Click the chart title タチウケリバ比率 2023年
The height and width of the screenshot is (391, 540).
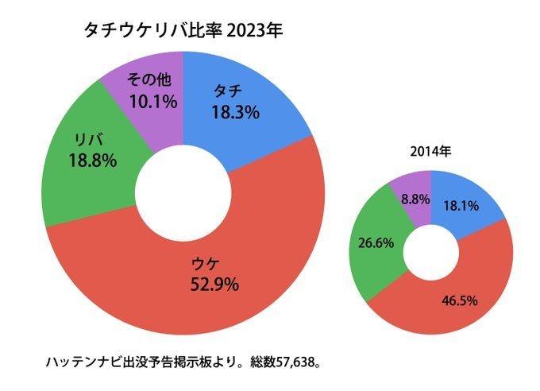tap(183, 31)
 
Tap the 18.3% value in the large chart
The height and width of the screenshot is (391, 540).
tap(235, 113)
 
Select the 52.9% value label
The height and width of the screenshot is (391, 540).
tap(214, 284)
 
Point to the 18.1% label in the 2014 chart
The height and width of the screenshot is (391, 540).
tap(461, 206)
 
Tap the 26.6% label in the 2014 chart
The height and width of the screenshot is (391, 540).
tap(376, 243)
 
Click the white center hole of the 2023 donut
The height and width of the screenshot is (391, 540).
tap(183, 191)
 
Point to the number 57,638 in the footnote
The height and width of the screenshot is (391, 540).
tap(295, 362)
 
